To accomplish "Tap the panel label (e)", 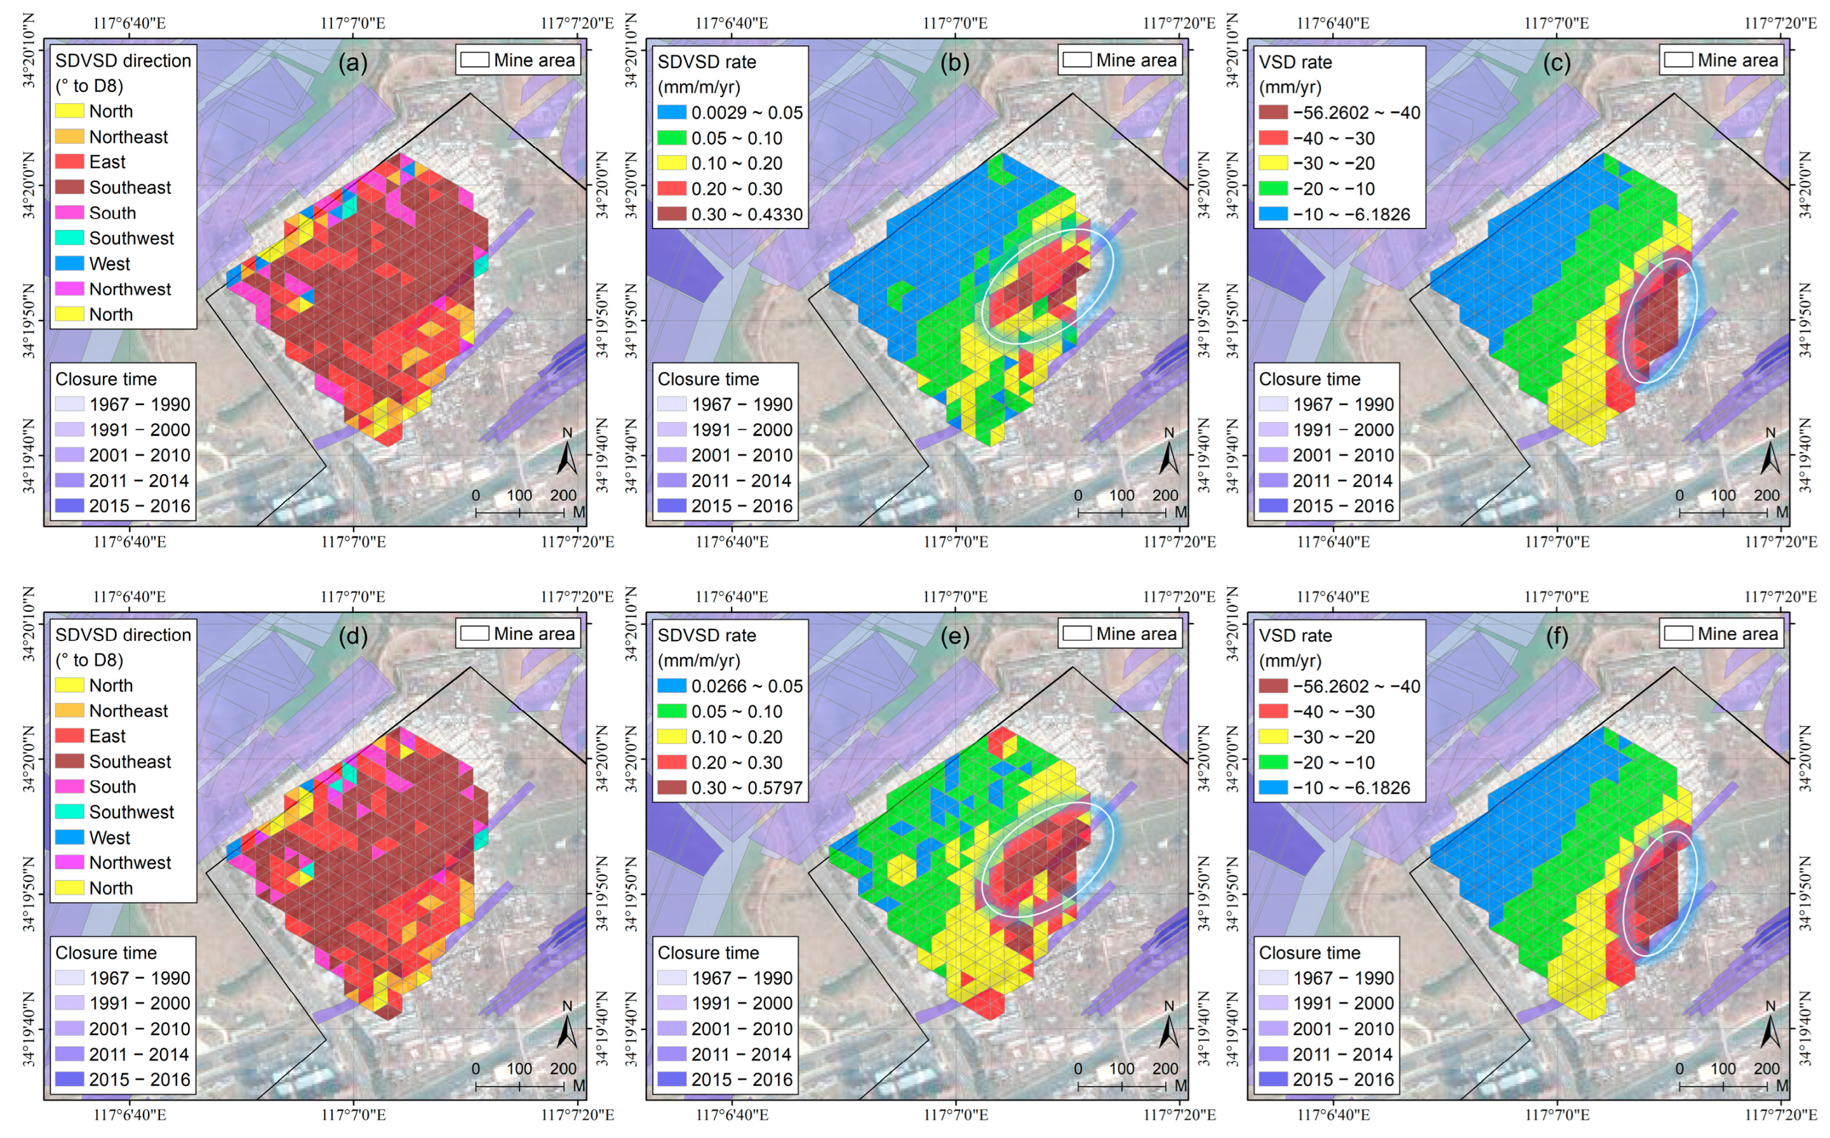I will click(954, 637).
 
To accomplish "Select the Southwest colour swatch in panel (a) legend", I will click(69, 238).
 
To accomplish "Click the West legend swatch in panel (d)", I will click(69, 837).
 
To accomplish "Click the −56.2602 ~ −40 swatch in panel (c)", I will click(1273, 112).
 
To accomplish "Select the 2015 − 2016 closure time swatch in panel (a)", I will click(69, 506).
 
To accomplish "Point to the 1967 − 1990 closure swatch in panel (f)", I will click(1273, 977).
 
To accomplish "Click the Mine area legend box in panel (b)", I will click(1076, 60).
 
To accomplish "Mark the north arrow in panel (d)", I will click(567, 1028).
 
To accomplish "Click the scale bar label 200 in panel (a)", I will click(563, 495).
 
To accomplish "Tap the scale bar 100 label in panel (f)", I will click(1723, 1069).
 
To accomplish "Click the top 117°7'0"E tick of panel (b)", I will click(955, 23).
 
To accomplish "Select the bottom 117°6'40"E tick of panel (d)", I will click(130, 1115).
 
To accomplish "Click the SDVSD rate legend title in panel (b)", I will click(707, 62).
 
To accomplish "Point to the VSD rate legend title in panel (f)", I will click(1295, 636).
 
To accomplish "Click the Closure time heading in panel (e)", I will click(707, 953).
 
